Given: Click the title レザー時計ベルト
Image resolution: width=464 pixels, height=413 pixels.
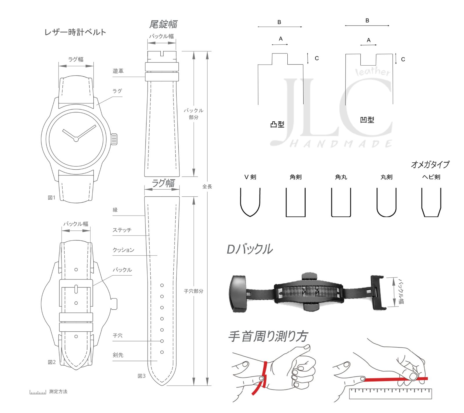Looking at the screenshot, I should [75, 32].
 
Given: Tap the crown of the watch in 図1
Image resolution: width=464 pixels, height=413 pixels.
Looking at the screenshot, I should [114, 139].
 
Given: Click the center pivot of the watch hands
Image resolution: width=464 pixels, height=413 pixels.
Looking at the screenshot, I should [76, 139].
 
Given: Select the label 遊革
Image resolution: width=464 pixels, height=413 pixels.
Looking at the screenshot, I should [118, 71].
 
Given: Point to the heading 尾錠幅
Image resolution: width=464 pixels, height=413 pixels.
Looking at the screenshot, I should [163, 24].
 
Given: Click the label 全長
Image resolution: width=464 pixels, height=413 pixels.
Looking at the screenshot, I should [207, 186].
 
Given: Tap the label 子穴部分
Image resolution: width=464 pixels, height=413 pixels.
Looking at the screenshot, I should [193, 291].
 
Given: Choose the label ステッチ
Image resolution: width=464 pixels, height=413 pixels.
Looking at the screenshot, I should [122, 230].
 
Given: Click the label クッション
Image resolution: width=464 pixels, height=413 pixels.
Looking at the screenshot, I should [123, 250].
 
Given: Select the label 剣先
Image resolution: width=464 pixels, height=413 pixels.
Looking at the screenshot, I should [118, 355].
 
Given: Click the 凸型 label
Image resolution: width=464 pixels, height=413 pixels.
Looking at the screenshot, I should [277, 125].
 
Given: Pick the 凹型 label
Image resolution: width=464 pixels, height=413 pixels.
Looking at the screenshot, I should [367, 120].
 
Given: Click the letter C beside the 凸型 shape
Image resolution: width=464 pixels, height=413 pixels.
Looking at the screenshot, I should [317, 58].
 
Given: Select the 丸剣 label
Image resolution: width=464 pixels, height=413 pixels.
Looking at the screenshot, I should [386, 177].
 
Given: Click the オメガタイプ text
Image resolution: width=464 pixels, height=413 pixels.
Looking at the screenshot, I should [430, 165].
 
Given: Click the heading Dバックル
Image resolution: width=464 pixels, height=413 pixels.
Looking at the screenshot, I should [249, 249].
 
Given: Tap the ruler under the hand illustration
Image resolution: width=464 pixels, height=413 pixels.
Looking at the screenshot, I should [390, 394].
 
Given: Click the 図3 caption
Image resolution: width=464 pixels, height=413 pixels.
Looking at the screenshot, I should [142, 376].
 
